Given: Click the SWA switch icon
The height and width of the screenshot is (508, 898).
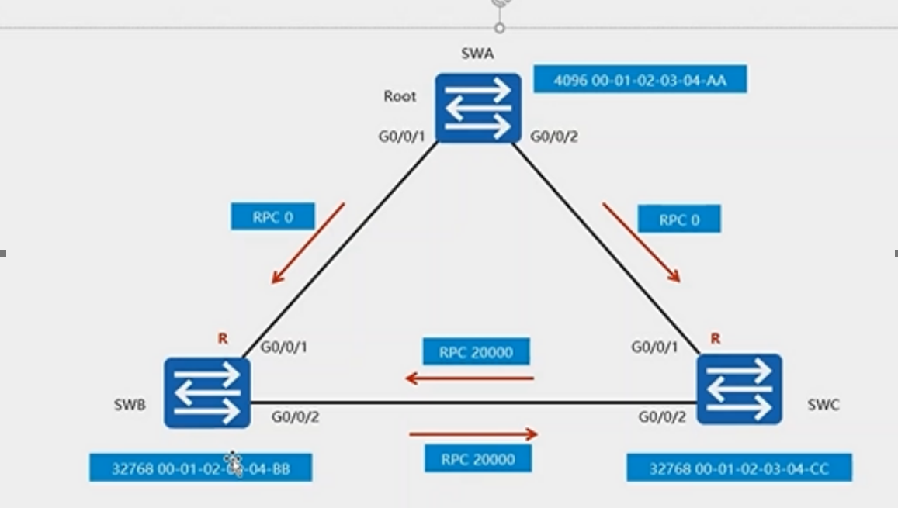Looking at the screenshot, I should (477, 108).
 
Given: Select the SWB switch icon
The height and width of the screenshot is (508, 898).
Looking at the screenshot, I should (207, 392).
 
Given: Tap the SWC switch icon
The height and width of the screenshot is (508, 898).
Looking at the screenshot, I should (739, 389).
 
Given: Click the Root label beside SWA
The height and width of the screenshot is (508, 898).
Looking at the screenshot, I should (400, 96).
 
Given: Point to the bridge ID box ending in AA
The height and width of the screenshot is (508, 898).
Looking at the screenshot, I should (640, 79).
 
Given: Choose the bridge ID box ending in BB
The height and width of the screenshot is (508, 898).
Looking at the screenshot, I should (200, 468).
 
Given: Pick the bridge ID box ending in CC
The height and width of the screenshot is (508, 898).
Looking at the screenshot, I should (739, 468).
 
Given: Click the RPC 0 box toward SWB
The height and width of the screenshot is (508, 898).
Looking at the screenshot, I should (272, 216).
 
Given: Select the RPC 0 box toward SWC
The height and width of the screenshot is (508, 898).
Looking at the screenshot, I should (679, 219).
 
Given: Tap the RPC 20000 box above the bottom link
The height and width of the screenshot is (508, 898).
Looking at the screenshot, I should (476, 352).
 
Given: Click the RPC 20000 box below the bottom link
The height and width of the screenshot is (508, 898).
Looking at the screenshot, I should (478, 459).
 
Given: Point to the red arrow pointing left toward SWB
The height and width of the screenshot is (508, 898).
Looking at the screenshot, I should (470, 378).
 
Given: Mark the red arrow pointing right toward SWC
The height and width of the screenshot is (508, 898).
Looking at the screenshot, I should (473, 434).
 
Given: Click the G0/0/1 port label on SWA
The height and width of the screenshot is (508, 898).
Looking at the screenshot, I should (402, 137).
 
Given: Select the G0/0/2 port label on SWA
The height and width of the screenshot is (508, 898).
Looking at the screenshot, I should (554, 137).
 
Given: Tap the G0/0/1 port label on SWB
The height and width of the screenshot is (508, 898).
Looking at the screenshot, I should (283, 347).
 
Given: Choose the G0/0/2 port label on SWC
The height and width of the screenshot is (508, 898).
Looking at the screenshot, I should (662, 417).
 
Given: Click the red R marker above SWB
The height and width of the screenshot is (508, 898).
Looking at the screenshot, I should (223, 339).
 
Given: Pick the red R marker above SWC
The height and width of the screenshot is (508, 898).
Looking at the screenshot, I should (715, 338).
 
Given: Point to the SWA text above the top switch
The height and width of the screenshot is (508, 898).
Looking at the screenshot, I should (477, 54).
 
